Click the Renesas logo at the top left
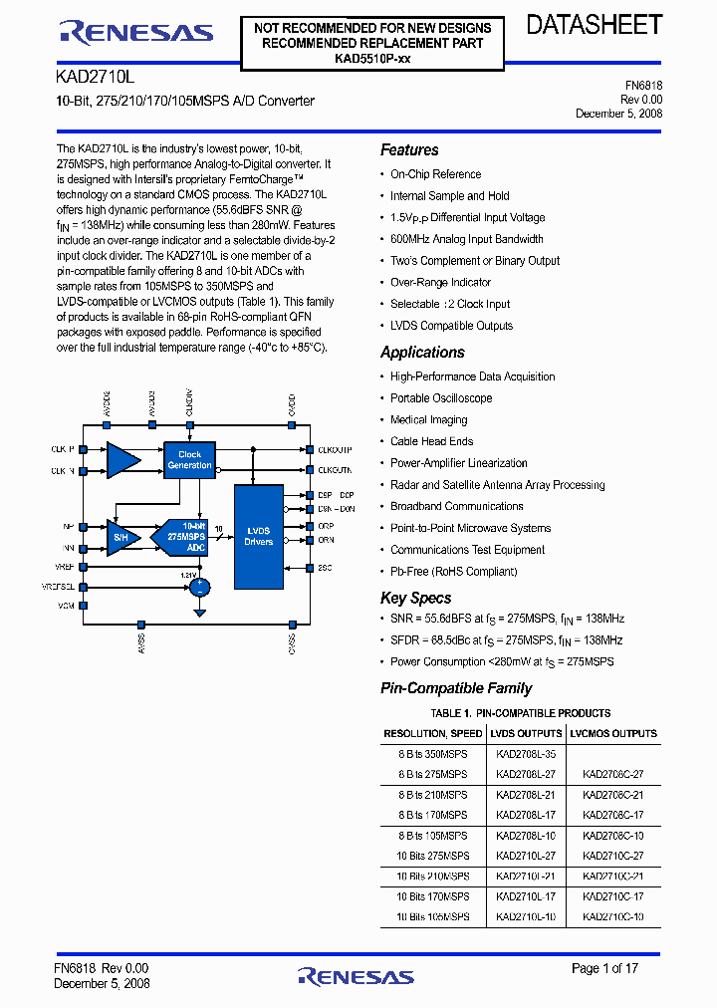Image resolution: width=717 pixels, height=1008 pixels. coord(136,33)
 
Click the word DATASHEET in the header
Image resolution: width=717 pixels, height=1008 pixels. coord(594,26)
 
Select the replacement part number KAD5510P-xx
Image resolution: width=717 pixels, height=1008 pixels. coord(372,59)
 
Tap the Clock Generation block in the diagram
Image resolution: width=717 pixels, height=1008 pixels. coord(189,459)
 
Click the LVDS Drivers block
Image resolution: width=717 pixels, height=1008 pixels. coord(258,537)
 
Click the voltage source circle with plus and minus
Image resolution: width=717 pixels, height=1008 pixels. coord(200,587)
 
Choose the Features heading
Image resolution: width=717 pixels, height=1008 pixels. coord(409,150)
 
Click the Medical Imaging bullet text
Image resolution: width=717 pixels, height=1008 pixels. coord(428,420)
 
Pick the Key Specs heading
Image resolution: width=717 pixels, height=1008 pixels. coord(415,598)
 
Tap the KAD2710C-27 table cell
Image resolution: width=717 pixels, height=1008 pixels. coord(613,856)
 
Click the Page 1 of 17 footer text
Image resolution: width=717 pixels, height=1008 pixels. coord(604,968)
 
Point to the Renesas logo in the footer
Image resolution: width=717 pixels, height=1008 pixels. coord(360,977)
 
